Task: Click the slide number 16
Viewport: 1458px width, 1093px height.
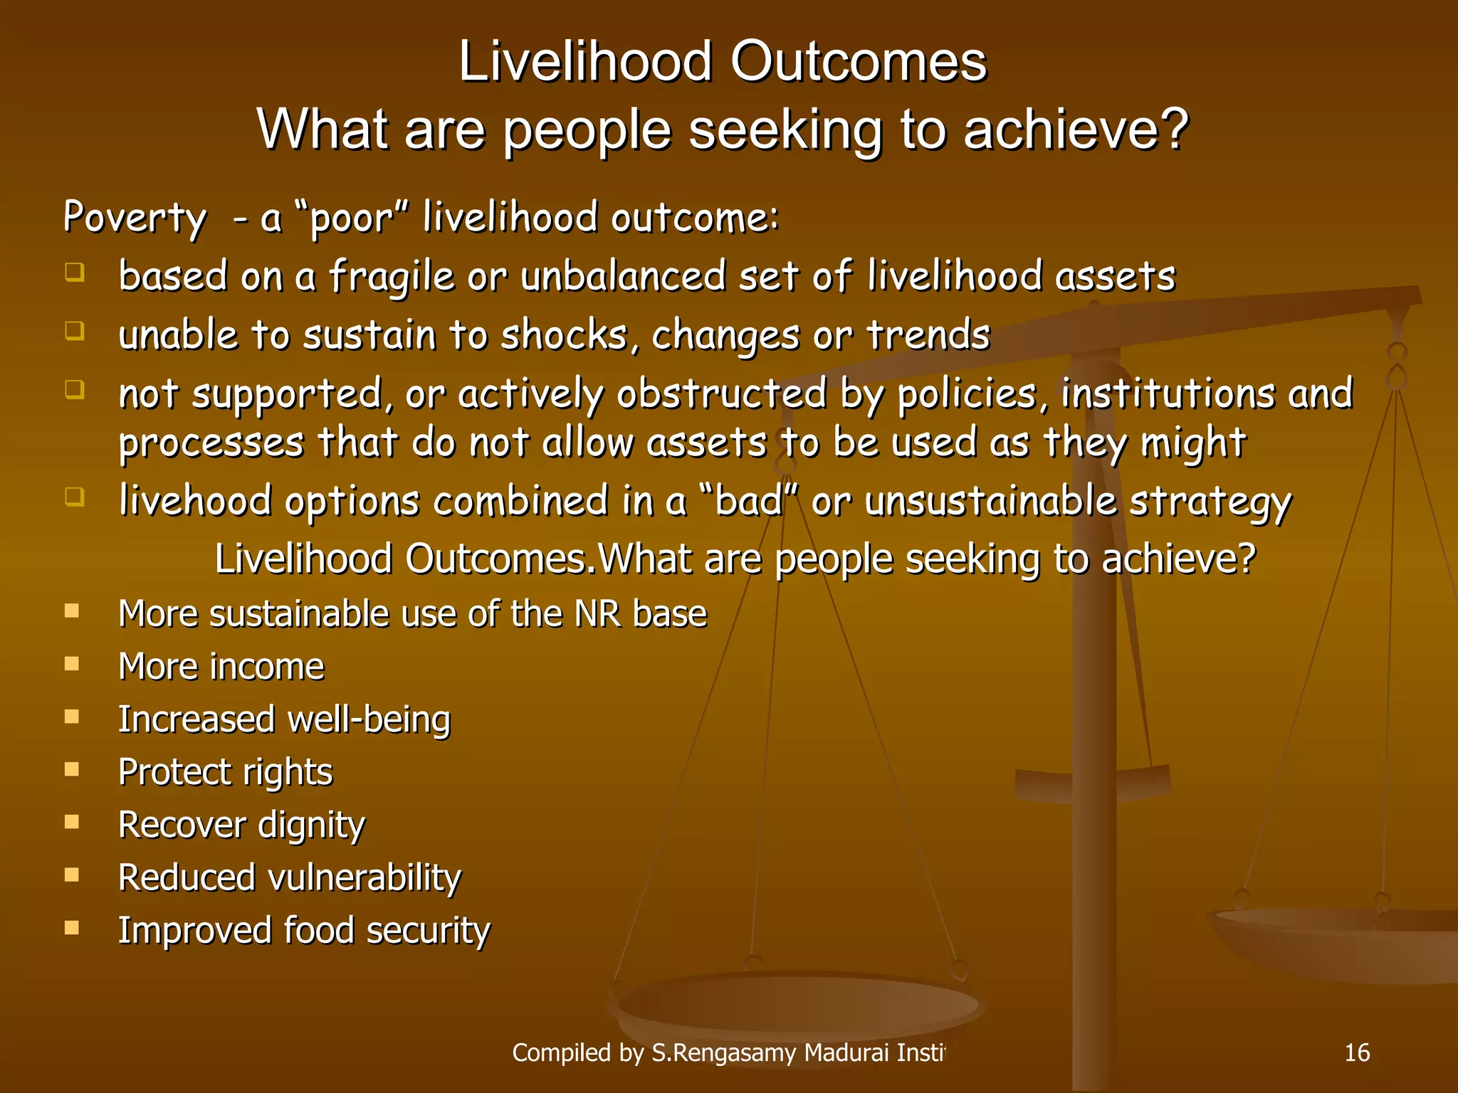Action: (x=1356, y=1052)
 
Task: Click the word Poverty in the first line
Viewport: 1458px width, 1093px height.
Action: (x=135, y=218)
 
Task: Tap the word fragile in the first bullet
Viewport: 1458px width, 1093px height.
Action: (x=391, y=277)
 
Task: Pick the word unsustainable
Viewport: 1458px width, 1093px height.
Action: (x=990, y=500)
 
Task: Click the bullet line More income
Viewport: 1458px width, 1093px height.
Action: (x=221, y=667)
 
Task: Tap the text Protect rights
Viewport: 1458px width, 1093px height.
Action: (x=225, y=772)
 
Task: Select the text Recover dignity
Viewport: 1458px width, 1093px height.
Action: (x=241, y=825)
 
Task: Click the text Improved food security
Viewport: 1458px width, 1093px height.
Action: (x=304, y=931)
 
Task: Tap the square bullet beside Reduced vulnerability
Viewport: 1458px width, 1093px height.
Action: (x=72, y=875)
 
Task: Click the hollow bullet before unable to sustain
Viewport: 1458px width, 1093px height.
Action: (x=74, y=331)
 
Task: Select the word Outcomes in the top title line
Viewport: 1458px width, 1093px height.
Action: (x=858, y=62)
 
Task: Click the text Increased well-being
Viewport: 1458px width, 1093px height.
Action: (x=284, y=719)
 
